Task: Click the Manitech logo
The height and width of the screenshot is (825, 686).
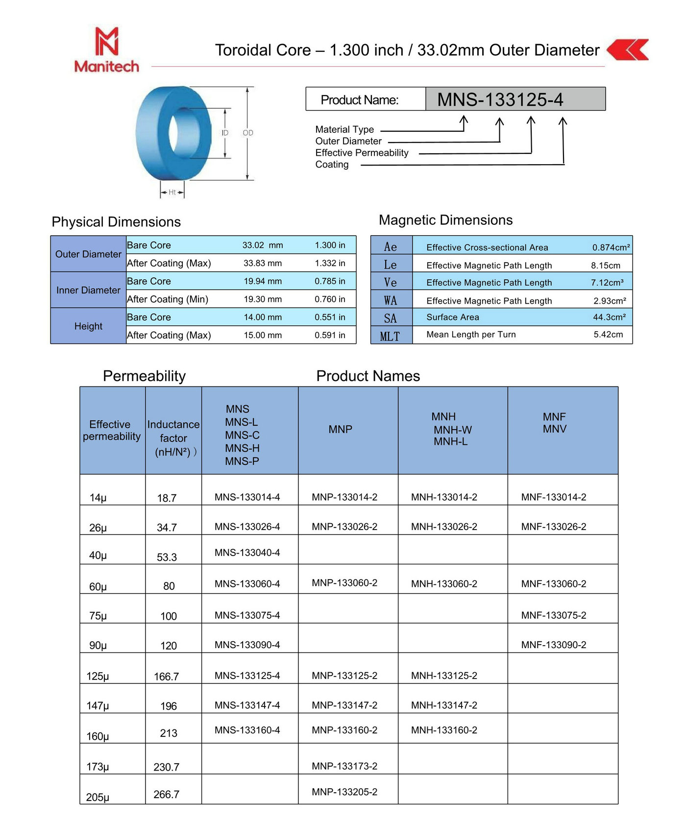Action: coord(107,50)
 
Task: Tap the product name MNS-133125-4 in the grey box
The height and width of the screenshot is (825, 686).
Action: coord(500,99)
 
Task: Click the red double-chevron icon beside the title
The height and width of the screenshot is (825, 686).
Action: coord(628,49)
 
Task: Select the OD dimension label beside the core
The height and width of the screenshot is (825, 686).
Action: coord(248,133)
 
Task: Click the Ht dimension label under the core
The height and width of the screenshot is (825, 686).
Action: coord(172,193)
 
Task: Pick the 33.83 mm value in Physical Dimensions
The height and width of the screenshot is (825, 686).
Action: coord(263,263)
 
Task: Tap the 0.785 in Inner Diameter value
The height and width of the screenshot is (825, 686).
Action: coord(330,281)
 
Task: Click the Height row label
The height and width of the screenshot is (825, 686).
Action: coord(88,326)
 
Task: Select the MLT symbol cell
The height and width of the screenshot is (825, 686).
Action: coord(390,337)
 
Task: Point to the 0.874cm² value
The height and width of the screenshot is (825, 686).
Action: coord(611,247)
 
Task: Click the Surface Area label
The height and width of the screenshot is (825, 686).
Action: coord(453,317)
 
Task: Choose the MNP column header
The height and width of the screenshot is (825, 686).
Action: coord(341,429)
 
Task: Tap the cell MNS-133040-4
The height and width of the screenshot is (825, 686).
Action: coord(247,553)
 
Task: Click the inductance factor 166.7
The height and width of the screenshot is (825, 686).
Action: coord(167,677)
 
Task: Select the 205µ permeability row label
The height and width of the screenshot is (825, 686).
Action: coord(98,797)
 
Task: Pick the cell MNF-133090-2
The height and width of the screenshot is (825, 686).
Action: coord(554,645)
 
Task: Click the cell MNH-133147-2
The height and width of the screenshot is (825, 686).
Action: coord(444,705)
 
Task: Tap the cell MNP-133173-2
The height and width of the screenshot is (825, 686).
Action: coord(344,766)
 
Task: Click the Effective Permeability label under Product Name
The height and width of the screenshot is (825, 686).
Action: coord(362,153)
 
